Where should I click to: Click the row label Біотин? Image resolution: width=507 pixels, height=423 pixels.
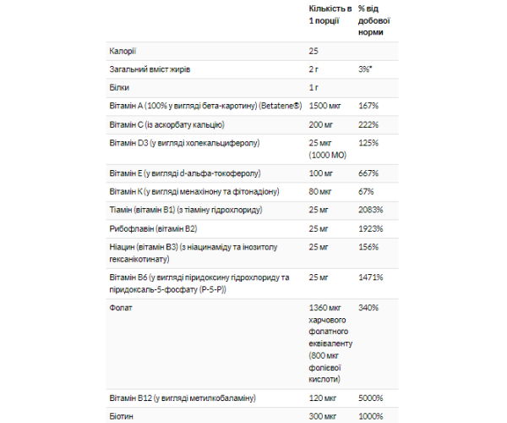pos(122,415)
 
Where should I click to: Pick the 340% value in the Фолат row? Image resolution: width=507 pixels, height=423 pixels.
pos(368,308)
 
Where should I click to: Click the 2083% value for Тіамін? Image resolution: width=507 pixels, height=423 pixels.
pos(371,208)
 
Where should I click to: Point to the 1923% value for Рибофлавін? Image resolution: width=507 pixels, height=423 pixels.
pos(371,228)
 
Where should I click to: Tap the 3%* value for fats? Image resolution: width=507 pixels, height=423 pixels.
pos(367,69)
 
